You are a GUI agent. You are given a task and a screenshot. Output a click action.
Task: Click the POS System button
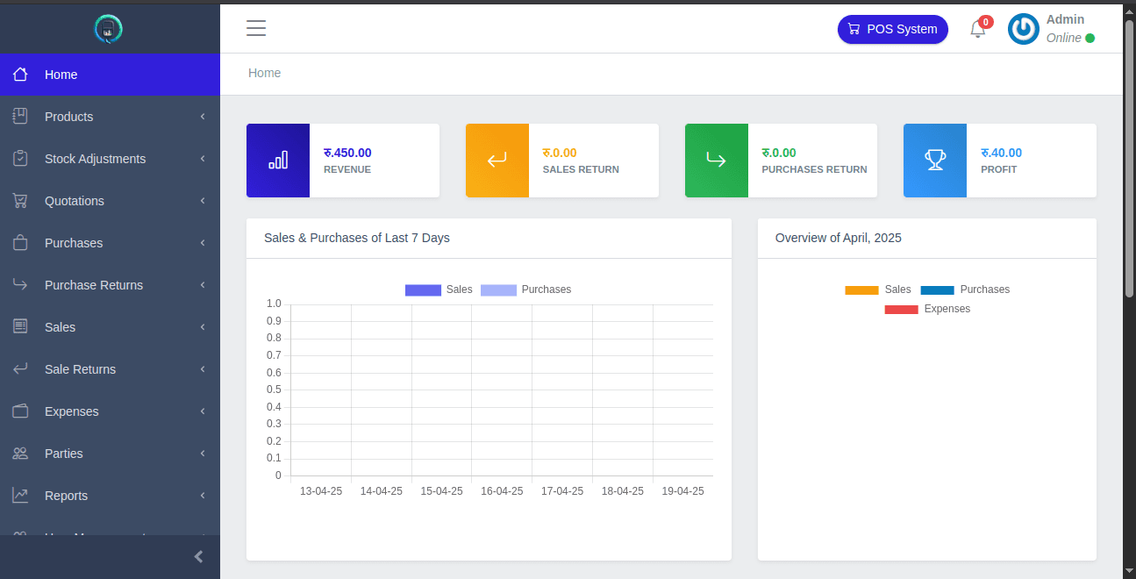click(x=892, y=29)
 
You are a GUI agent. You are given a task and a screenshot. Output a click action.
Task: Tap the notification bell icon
click(x=977, y=30)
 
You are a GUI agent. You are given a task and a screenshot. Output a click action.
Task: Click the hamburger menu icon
click(x=256, y=28)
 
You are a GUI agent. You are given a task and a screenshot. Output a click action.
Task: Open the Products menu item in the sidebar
click(x=68, y=117)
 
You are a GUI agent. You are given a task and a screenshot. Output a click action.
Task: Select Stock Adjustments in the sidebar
click(x=95, y=159)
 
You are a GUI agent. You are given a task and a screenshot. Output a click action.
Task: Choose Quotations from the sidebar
click(x=75, y=201)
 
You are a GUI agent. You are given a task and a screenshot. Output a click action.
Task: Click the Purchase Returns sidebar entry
click(x=93, y=285)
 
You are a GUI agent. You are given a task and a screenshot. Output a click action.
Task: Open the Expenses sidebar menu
click(x=71, y=411)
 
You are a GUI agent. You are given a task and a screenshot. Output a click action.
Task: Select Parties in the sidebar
click(x=64, y=454)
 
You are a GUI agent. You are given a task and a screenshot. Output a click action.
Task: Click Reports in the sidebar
click(x=66, y=496)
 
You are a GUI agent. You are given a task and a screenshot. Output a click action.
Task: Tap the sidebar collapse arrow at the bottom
click(x=198, y=556)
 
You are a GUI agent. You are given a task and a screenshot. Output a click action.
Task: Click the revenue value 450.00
click(x=347, y=153)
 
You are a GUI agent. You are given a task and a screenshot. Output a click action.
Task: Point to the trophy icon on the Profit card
click(x=935, y=161)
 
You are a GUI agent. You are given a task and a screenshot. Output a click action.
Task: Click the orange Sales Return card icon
click(x=497, y=161)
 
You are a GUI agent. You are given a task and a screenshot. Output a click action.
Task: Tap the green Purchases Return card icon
click(x=716, y=161)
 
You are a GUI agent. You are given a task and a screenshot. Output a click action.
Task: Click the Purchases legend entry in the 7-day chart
click(x=526, y=289)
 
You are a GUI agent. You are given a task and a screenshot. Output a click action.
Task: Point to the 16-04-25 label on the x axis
click(x=502, y=491)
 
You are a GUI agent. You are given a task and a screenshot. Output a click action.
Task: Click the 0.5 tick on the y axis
click(x=274, y=390)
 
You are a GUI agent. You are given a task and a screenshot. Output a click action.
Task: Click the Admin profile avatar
click(x=1023, y=29)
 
